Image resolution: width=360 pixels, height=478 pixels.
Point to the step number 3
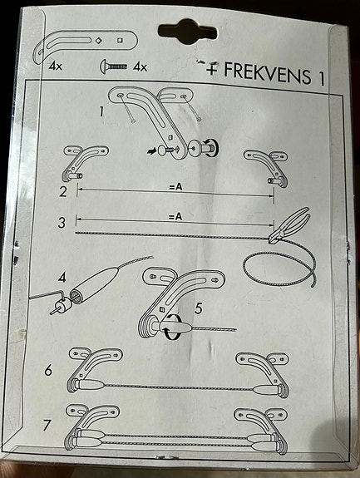(x=62, y=224)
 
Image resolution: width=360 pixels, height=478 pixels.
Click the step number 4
(x=62, y=277)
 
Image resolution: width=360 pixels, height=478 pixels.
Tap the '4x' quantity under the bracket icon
(x=57, y=64)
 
